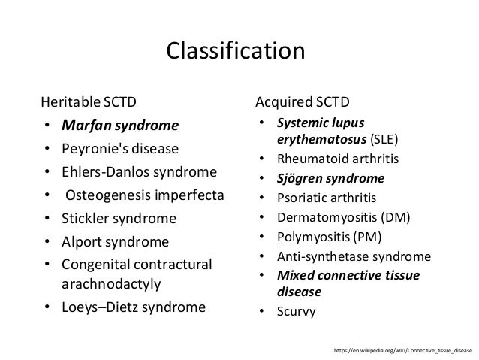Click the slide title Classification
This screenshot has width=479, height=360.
pyautogui.click(x=235, y=53)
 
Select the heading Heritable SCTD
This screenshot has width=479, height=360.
pyautogui.click(x=89, y=101)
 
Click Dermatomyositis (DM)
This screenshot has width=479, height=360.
pyautogui.click(x=345, y=218)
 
